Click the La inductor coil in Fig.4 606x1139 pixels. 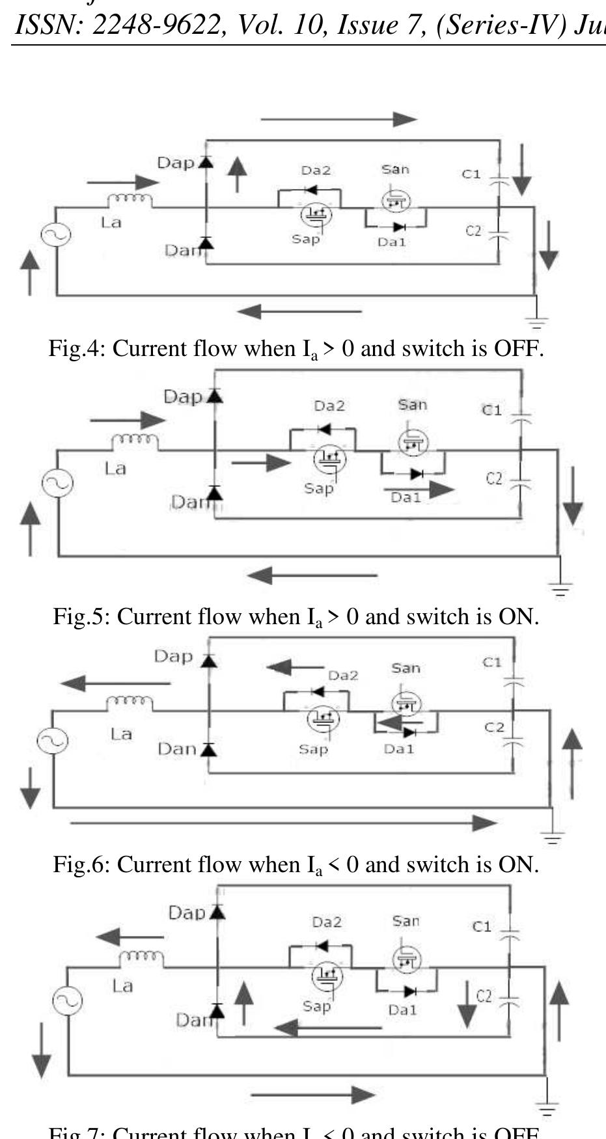[130, 199]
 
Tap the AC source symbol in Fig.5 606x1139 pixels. [57, 483]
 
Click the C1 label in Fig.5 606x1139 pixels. [491, 410]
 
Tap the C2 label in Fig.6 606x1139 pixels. [494, 727]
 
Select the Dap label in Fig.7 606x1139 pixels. [187, 913]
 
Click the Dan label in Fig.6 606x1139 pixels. [176, 749]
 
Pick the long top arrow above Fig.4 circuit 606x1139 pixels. [338, 119]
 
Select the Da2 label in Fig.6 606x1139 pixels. [343, 676]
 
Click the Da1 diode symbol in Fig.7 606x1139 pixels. [409, 991]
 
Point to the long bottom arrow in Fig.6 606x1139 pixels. [283, 823]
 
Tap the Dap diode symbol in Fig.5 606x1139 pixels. [215, 396]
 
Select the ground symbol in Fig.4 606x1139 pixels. [537, 321]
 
